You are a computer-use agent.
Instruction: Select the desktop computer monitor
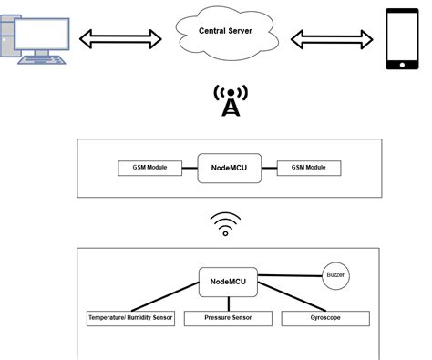click(36, 32)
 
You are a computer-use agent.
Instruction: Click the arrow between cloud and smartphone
click(331, 39)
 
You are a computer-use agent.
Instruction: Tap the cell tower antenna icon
click(231, 102)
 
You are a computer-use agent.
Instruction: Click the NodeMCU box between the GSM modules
click(228, 169)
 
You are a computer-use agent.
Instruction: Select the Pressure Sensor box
click(228, 319)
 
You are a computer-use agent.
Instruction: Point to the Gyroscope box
click(325, 319)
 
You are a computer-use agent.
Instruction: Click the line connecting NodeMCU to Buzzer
click(290, 274)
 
